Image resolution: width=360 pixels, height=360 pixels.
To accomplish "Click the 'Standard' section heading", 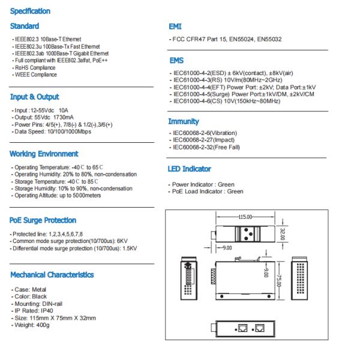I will point(25,26).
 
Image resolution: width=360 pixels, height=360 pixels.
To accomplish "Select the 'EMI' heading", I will point(176,27).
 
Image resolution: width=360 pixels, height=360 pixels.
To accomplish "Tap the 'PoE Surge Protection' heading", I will point(43,220).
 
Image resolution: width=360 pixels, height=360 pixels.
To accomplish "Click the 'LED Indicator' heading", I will point(190,169).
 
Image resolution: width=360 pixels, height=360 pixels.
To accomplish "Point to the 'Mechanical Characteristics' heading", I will point(52,275).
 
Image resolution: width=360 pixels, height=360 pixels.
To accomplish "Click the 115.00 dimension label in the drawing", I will point(245,217).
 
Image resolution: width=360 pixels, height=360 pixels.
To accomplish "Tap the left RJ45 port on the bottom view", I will point(244,328).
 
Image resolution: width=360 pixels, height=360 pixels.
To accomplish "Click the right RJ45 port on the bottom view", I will point(260,328).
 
